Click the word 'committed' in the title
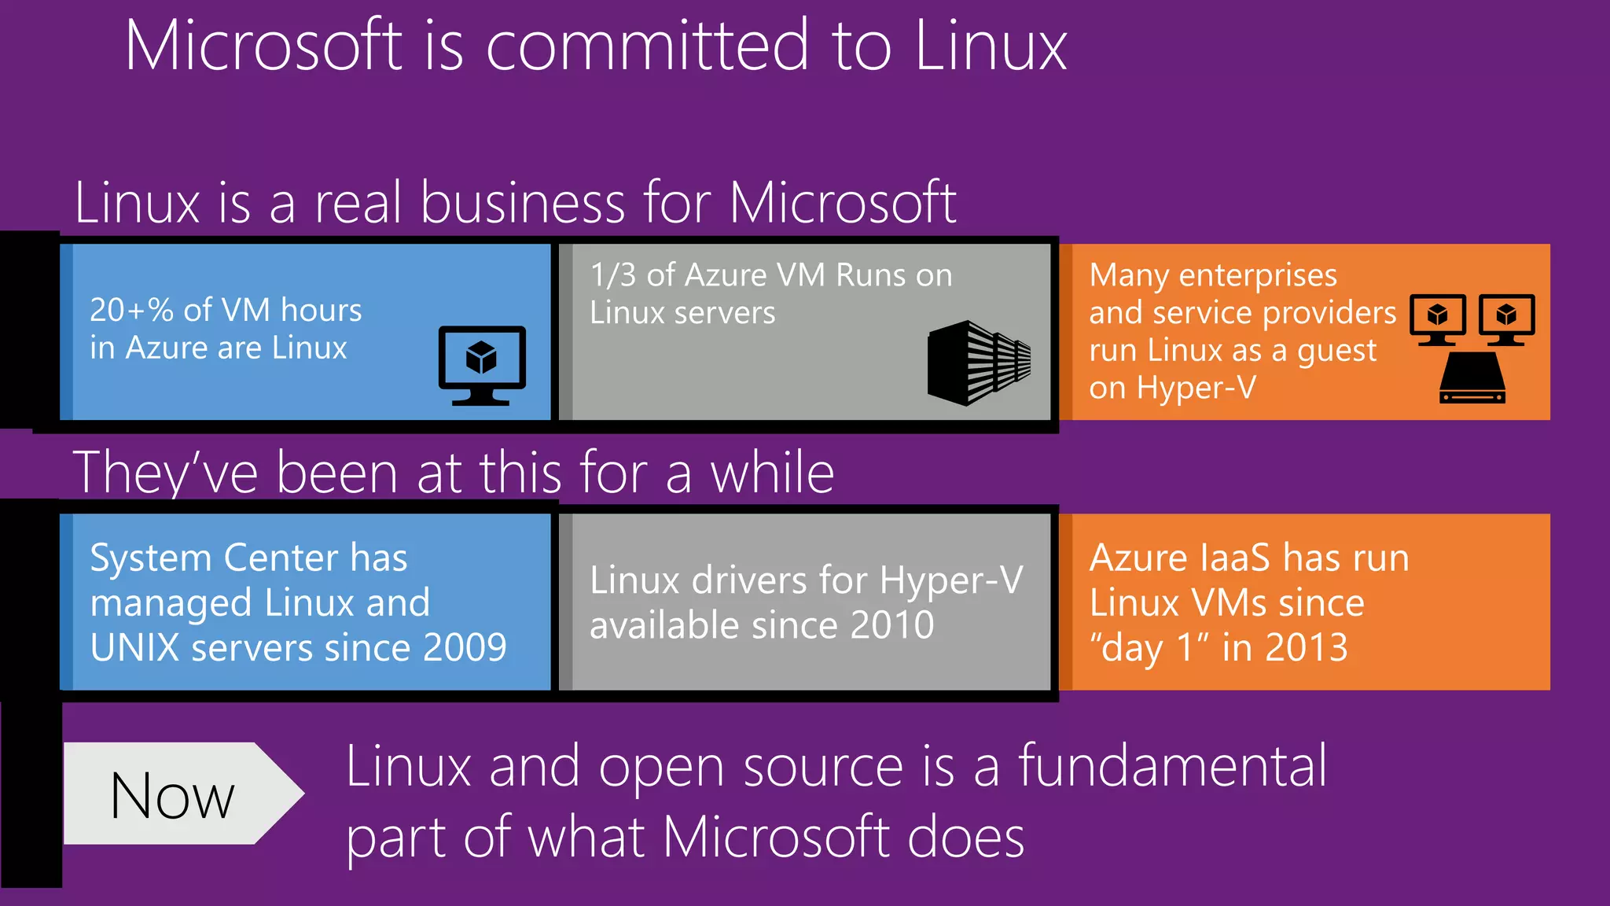[x=647, y=46]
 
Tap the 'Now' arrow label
[x=173, y=794]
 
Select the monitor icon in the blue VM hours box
[x=482, y=365]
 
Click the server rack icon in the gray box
[x=979, y=363]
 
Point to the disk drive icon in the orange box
[x=1472, y=378]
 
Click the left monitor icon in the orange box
[x=1438, y=319]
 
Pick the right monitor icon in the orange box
[x=1506, y=319]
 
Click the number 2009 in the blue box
[x=465, y=647]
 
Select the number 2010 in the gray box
[x=892, y=625]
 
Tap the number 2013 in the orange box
[x=1307, y=647]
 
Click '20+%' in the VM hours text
[x=131, y=310]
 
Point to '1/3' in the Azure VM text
[x=612, y=275]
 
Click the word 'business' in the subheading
[x=523, y=202]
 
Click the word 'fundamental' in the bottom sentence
[x=1172, y=765]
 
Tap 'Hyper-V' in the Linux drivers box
[x=951, y=580]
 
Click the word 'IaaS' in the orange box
[x=1234, y=558]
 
